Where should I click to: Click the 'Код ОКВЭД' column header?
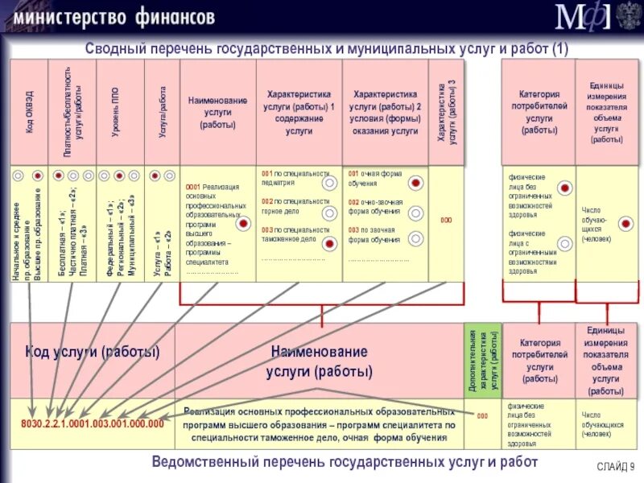point(29,112)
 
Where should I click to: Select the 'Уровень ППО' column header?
point(118,112)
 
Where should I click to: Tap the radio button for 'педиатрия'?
point(328,183)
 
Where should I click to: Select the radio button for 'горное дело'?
point(328,213)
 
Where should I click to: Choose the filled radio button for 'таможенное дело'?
point(328,242)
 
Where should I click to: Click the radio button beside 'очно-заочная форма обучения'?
point(415,213)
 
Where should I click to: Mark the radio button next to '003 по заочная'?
point(415,237)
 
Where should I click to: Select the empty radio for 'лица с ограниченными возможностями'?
point(564,242)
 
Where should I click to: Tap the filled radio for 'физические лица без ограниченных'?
point(564,187)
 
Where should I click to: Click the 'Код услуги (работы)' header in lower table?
point(92,352)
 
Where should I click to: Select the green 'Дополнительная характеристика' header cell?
point(483,360)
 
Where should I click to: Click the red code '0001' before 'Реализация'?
point(192,187)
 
